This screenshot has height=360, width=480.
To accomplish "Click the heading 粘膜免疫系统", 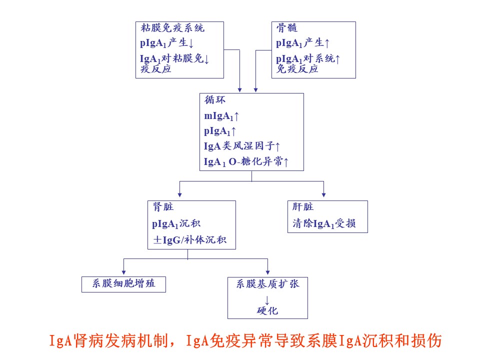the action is pyautogui.click(x=172, y=28).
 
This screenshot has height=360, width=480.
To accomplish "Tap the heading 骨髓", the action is pyautogui.click(x=287, y=28).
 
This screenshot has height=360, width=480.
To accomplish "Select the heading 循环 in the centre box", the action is pyautogui.click(x=215, y=100).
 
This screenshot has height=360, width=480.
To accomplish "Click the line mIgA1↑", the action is pyautogui.click(x=221, y=116).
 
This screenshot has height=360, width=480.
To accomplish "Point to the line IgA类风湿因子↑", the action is pyautogui.click(x=242, y=146).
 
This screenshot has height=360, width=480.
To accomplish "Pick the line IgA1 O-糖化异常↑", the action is pyautogui.click(x=246, y=161).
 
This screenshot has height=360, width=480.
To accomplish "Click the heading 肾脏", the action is pyautogui.click(x=163, y=207).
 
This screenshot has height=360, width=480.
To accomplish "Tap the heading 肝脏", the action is pyautogui.click(x=303, y=207).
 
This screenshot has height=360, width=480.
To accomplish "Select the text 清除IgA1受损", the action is pyautogui.click(x=324, y=223).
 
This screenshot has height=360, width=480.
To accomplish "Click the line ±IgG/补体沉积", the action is pyautogui.click(x=190, y=239).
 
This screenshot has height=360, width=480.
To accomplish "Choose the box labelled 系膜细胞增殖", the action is pyautogui.click(x=123, y=284).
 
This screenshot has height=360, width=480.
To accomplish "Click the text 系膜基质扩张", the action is pyautogui.click(x=267, y=284).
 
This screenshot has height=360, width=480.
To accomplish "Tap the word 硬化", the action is pyautogui.click(x=267, y=310).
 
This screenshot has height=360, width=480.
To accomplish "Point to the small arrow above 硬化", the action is pyautogui.click(x=267, y=300).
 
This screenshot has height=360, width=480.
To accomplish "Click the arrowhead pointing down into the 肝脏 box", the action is pyautogui.click(x=323, y=195).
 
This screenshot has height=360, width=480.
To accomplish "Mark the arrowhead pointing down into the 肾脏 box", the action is pyautogui.click(x=179, y=195).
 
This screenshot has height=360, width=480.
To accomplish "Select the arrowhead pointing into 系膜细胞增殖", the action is pyautogui.click(x=123, y=272).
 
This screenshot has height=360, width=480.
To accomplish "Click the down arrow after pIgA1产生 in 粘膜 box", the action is pyautogui.click(x=191, y=43).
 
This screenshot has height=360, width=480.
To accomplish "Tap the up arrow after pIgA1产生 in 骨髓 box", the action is pyautogui.click(x=327, y=43).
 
